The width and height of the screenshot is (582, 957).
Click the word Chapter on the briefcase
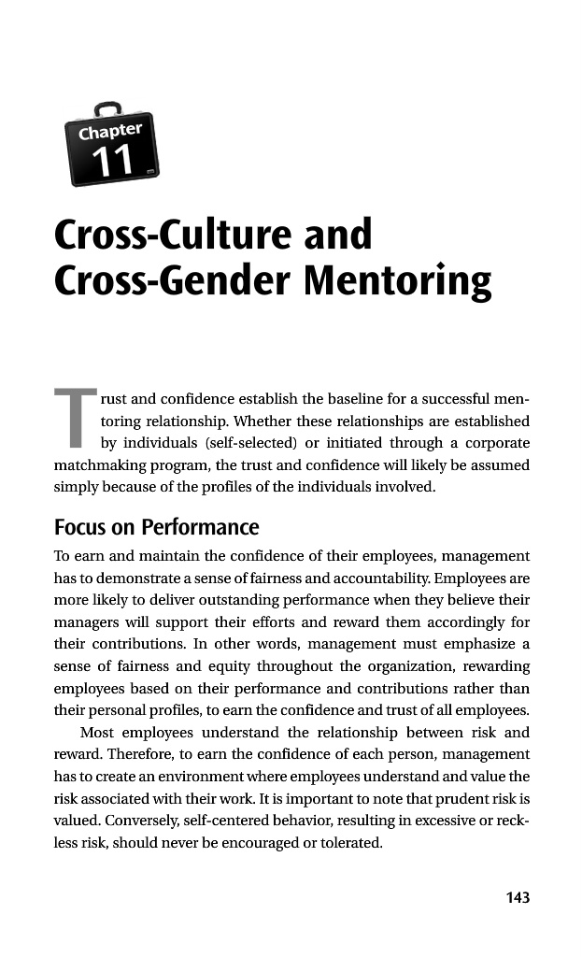pos(111,132)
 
